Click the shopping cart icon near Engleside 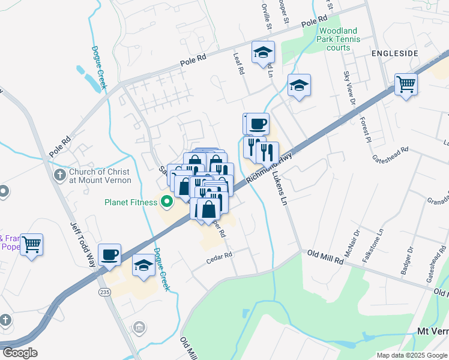tap(406, 84)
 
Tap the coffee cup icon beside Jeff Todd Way tap(109, 254)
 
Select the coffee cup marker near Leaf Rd tap(258, 124)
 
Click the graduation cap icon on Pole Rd tap(263, 52)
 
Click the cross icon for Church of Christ tap(59, 175)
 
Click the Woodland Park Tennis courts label tap(339, 39)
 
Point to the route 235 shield tap(104, 292)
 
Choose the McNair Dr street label tap(357, 240)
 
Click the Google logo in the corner tap(20, 353)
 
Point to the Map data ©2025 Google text tap(411, 355)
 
